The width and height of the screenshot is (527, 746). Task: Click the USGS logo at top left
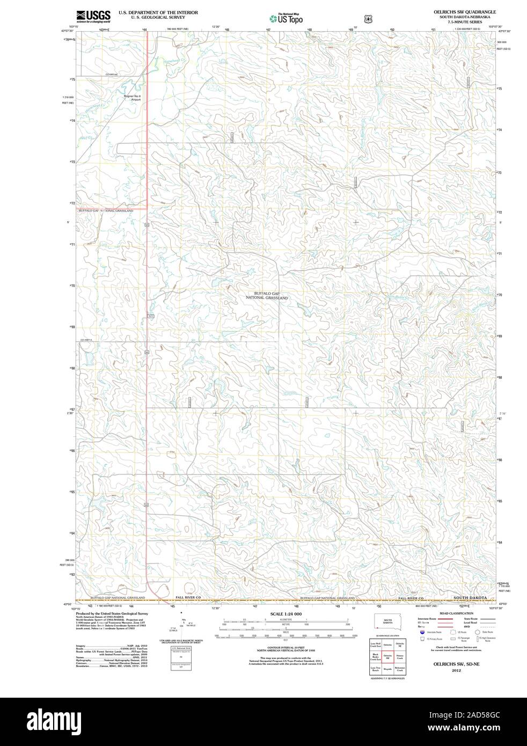(x=93, y=16)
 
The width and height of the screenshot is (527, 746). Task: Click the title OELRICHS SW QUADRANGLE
(x=465, y=12)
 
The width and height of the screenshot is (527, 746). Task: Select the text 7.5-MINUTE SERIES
(x=465, y=22)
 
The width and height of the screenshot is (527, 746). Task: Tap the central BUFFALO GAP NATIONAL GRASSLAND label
(x=267, y=295)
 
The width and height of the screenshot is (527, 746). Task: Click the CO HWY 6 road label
(x=87, y=340)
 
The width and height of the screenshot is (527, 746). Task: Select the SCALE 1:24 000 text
(x=286, y=613)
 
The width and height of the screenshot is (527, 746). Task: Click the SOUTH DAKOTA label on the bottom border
(x=470, y=597)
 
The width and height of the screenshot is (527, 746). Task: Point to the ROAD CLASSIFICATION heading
(x=456, y=613)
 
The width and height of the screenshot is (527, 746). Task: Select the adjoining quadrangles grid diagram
(x=387, y=657)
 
